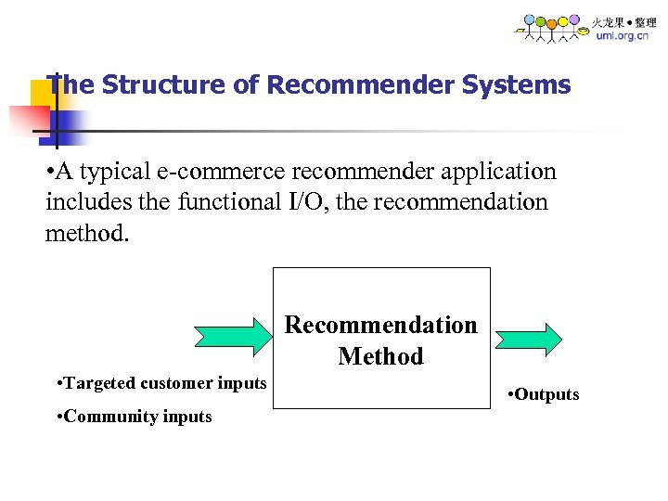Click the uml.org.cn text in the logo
(623, 36)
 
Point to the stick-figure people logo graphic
(552, 28)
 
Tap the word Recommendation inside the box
(380, 325)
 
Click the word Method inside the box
(380, 356)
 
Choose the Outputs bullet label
(544, 394)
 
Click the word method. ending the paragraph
(87, 233)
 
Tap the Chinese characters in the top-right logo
(623, 21)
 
